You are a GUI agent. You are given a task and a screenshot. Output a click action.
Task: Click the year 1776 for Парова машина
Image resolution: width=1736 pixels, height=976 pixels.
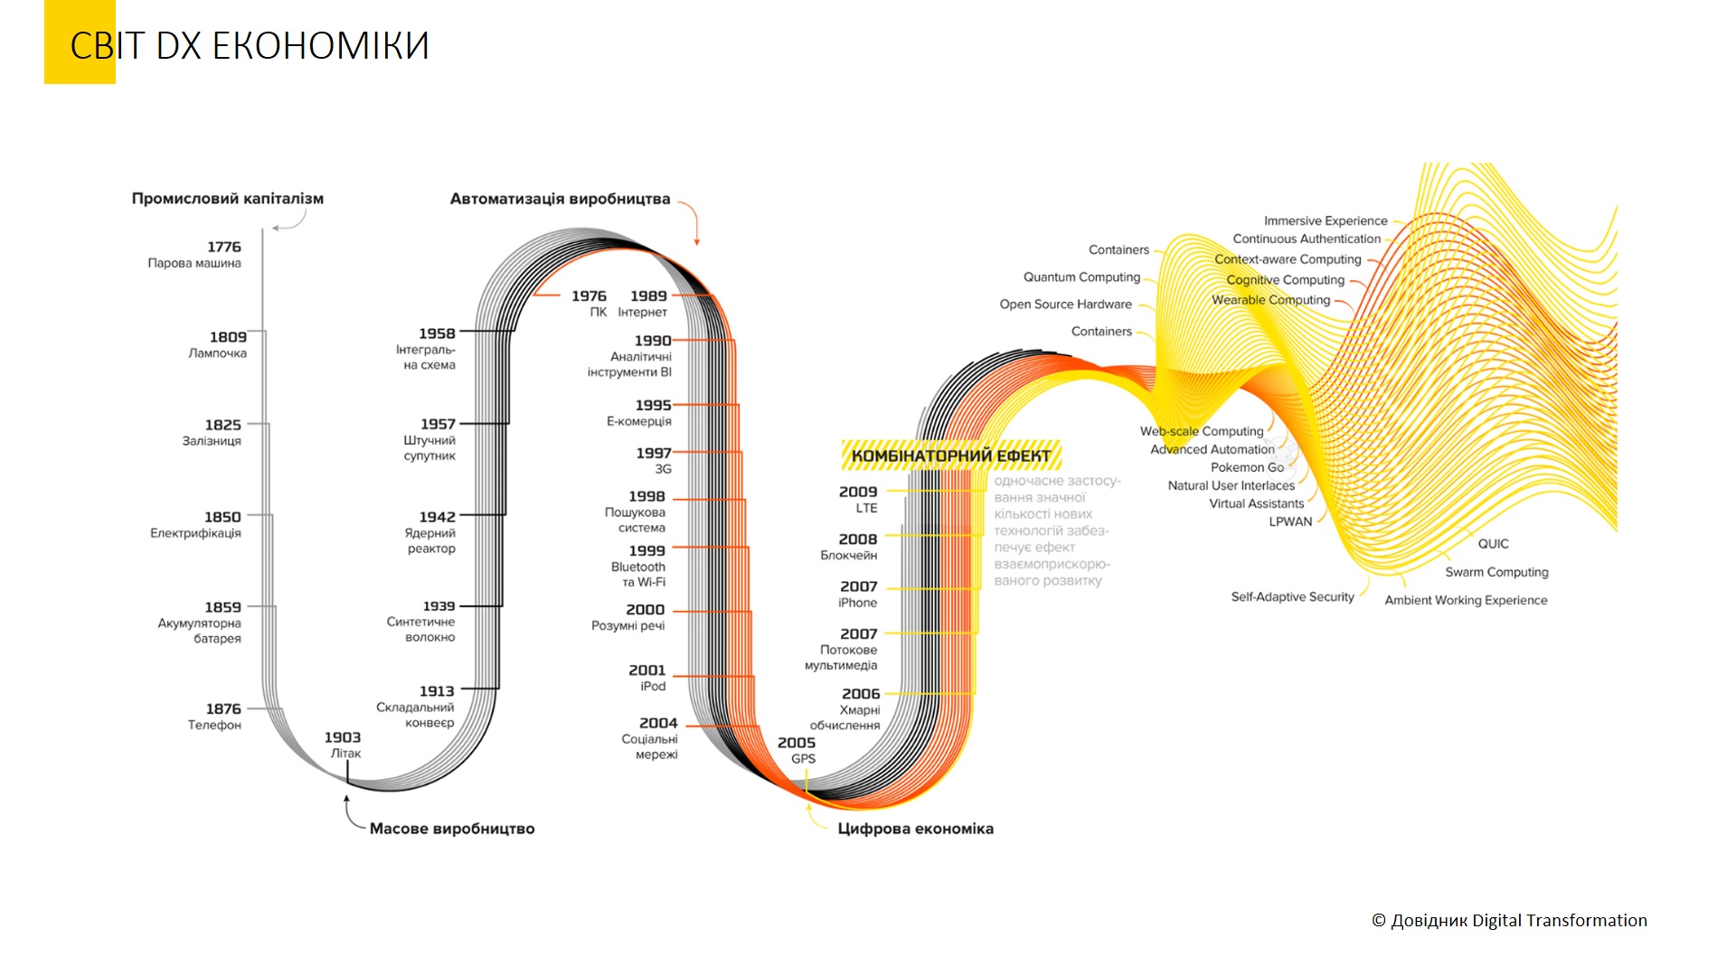coord(223,247)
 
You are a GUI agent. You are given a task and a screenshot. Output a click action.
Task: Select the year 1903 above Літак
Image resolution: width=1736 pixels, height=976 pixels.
coord(342,737)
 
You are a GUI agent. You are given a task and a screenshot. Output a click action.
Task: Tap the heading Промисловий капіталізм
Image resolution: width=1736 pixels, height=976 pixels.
coord(227,199)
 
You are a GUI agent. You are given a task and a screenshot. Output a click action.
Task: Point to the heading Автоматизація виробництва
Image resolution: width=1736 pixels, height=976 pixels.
coord(560,199)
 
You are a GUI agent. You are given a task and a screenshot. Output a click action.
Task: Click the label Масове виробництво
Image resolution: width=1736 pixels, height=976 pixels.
coord(451,829)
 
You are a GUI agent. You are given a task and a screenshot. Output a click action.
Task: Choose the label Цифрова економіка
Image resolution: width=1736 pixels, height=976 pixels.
coord(915,829)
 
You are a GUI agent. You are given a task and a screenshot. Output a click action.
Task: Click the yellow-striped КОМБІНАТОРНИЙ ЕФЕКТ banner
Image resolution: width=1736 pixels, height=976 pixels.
coord(950,455)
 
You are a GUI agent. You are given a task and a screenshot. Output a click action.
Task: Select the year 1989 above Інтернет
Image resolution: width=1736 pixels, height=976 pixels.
coord(648,296)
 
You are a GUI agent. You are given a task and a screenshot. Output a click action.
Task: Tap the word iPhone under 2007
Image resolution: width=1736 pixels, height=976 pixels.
coord(857,603)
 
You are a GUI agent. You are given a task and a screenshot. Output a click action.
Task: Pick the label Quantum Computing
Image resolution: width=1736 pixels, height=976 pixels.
coord(1081,277)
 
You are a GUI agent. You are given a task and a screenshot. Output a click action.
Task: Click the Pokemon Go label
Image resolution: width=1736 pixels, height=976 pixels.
coord(1247,467)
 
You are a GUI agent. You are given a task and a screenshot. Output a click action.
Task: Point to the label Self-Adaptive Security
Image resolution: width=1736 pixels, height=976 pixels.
coord(1292,596)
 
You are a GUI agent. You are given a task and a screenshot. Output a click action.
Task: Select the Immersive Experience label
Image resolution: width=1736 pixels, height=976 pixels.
coord(1325,221)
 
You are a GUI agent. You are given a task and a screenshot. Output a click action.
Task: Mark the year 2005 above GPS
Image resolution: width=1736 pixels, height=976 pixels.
coord(796,743)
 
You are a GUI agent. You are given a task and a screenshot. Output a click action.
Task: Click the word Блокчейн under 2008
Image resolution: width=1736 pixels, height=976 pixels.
coord(848,555)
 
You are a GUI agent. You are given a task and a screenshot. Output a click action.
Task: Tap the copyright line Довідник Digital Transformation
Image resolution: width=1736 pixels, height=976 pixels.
coord(1509,921)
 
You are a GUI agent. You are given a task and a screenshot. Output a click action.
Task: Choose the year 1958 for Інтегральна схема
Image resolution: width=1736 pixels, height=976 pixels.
coord(437,333)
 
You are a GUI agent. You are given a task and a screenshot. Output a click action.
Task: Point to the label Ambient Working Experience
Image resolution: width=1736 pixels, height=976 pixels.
coord(1466,600)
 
